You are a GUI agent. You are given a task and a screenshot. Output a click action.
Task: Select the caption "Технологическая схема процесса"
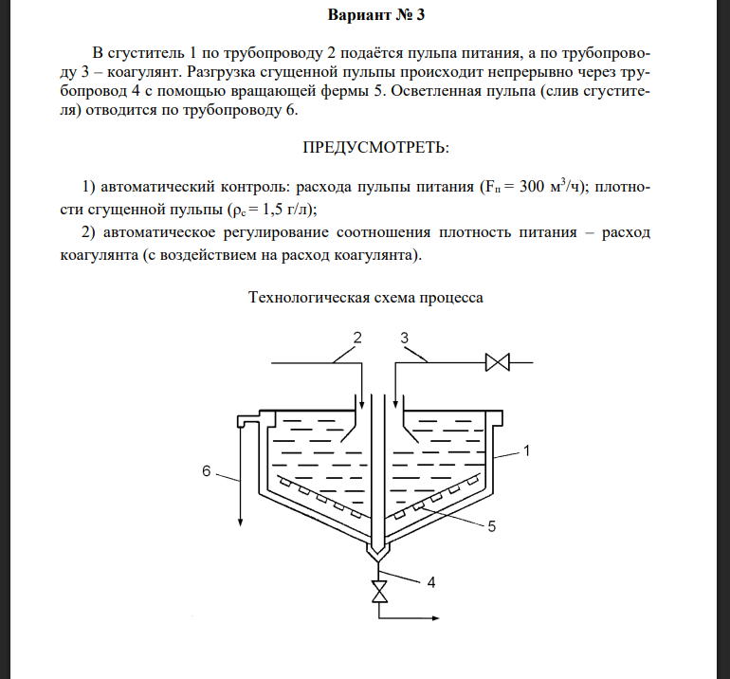[366, 297]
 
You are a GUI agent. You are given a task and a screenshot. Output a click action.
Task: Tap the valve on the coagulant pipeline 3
[496, 362]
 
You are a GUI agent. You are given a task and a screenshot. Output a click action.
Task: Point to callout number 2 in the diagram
[357, 337]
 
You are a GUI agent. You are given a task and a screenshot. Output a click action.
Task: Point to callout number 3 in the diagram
[404, 337]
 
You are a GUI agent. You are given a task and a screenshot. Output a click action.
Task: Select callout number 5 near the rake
[490, 527]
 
